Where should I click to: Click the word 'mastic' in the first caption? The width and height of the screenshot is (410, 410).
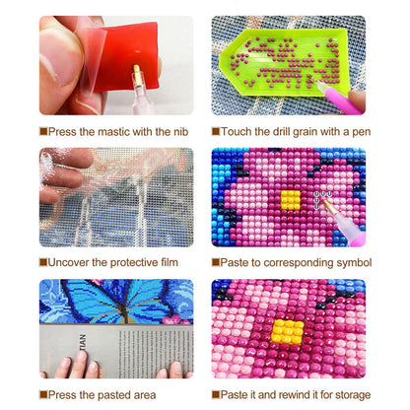pos(114,132)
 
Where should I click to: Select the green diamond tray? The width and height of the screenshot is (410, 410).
pos(284,62)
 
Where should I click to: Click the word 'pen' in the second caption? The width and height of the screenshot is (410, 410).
pos(362,132)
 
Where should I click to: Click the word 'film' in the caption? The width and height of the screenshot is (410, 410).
pos(170,262)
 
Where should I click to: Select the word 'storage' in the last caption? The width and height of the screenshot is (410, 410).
pos(352,395)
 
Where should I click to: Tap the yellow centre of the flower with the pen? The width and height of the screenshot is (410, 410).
pos(291,200)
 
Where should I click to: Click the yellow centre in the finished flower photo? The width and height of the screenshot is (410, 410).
pos(288,332)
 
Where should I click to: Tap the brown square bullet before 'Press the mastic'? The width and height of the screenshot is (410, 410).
pos(43,132)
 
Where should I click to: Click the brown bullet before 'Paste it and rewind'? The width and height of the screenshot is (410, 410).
pos(216,394)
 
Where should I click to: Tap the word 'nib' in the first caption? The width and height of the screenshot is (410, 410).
pos(180,132)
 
